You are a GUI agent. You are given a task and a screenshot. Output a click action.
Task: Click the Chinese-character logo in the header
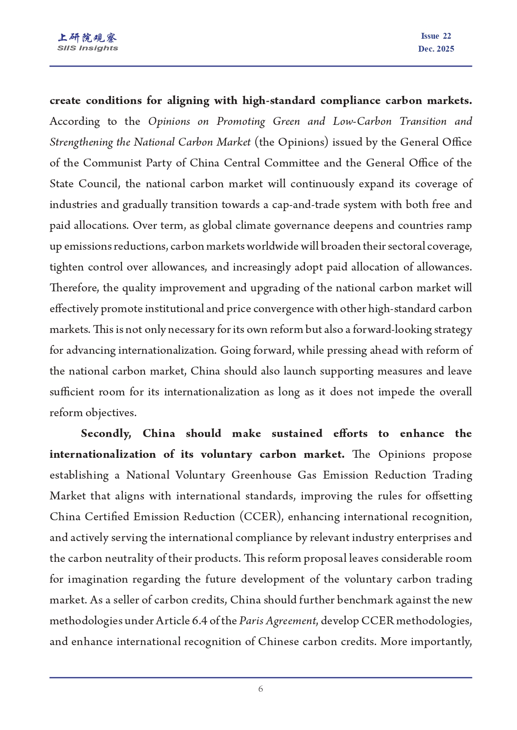(87, 38)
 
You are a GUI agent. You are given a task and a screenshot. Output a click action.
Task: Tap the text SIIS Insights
(87, 48)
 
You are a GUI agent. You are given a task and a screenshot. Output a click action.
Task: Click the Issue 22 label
(436, 36)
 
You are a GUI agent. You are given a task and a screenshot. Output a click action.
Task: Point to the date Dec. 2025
(436, 49)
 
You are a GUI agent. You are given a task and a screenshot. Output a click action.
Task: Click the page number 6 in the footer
(260, 689)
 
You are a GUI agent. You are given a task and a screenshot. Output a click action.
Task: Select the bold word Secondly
(106, 434)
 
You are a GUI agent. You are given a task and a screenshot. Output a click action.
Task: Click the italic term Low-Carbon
(362, 122)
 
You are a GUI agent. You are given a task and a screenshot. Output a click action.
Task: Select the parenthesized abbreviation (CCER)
(260, 517)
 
